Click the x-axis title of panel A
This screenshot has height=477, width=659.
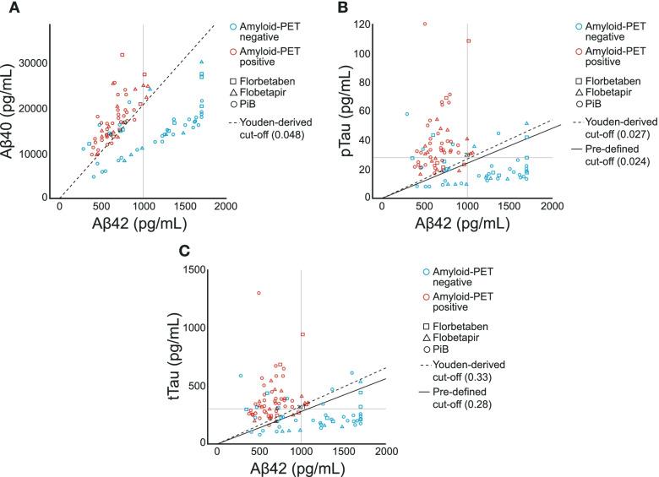(x=141, y=224)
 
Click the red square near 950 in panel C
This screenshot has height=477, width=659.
(x=302, y=334)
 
